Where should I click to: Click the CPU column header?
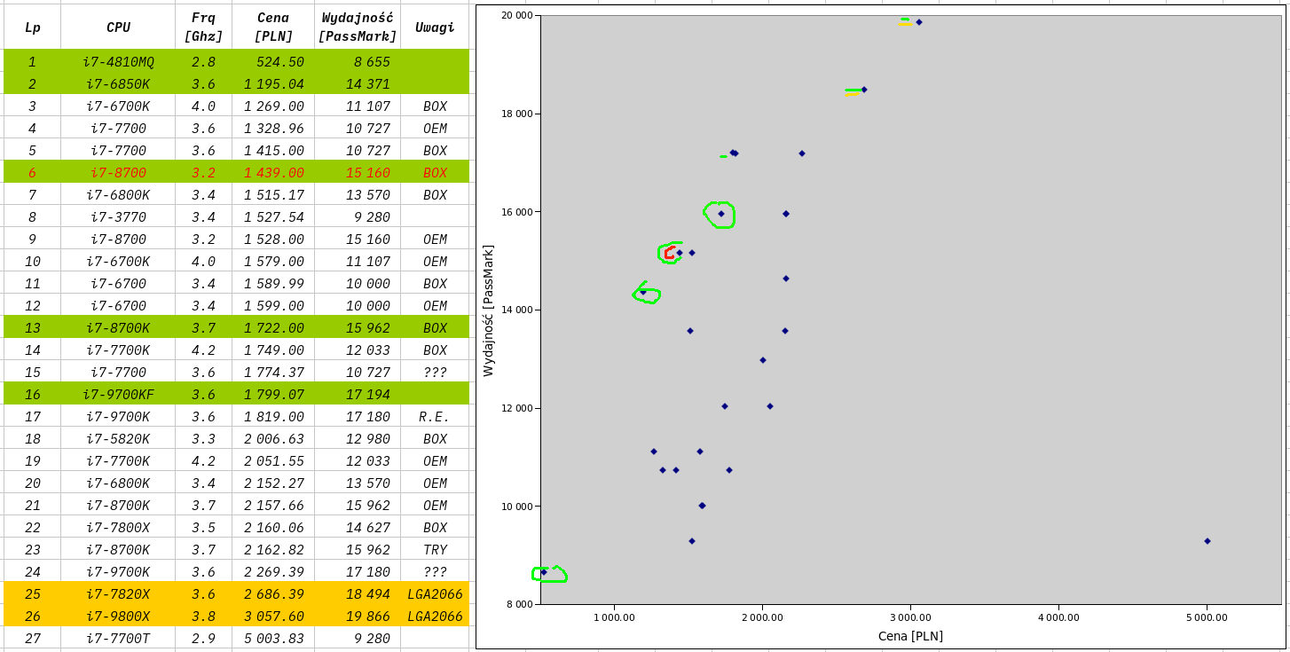pyautogui.click(x=118, y=27)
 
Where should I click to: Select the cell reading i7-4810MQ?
pyautogui.click(x=118, y=62)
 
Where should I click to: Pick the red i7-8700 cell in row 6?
pyautogui.click(x=118, y=173)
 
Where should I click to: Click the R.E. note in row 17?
pyautogui.click(x=435, y=417)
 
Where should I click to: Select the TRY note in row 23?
pyautogui.click(x=435, y=550)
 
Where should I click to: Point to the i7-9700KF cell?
pyautogui.click(x=118, y=395)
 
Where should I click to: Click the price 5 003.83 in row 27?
pyautogui.click(x=274, y=639)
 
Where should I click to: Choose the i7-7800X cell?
pyautogui.click(x=118, y=528)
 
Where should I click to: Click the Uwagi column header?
pyautogui.click(x=435, y=27)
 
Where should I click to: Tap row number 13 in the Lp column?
pyautogui.click(x=32, y=328)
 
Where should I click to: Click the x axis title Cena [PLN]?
pyautogui.click(x=910, y=636)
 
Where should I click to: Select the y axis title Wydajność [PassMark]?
pyautogui.click(x=488, y=310)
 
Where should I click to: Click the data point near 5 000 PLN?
pyautogui.click(x=1207, y=541)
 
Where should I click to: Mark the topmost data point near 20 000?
pyautogui.click(x=919, y=22)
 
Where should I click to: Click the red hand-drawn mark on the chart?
pyautogui.click(x=669, y=253)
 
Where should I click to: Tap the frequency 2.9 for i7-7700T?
pyautogui.click(x=203, y=639)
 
